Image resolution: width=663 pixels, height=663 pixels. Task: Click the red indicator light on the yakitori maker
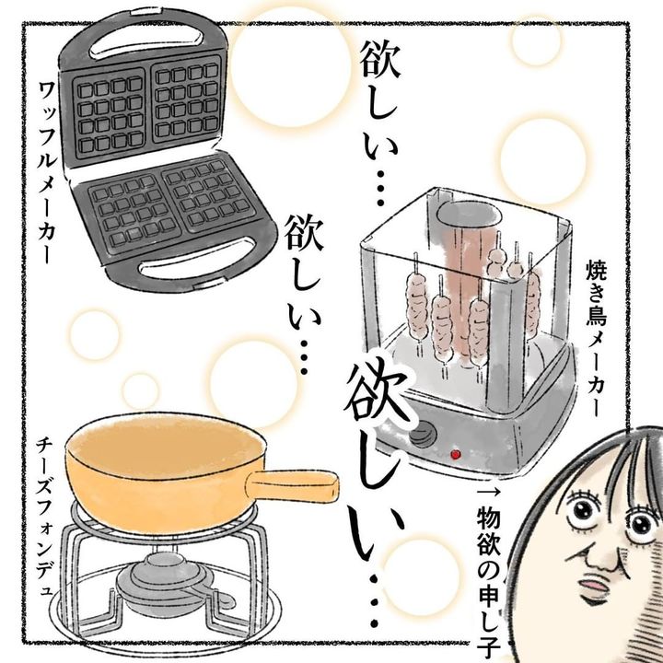pyautogui.click(x=456, y=455)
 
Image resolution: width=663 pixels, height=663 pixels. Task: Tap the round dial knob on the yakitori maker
pyautogui.click(x=423, y=434)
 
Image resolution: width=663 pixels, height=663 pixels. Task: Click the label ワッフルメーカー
pyautogui.click(x=47, y=172)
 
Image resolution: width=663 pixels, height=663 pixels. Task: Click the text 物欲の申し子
pyautogui.click(x=489, y=582)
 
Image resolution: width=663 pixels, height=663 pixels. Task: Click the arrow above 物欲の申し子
pyautogui.click(x=489, y=492)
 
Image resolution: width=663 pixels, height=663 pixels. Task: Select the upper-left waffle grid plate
pyautogui.click(x=110, y=114)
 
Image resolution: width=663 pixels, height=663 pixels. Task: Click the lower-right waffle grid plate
pyautogui.click(x=208, y=194)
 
